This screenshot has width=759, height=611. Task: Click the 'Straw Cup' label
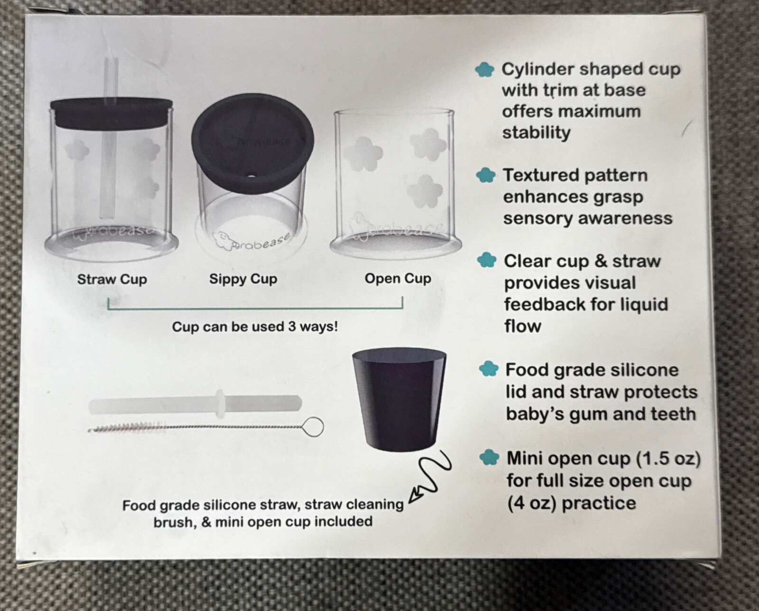112,279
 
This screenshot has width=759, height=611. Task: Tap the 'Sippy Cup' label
243,279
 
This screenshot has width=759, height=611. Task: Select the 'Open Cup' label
398,278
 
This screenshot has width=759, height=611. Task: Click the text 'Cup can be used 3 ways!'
255,327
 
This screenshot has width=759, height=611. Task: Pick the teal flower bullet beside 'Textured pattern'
485,176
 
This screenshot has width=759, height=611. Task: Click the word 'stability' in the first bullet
536,133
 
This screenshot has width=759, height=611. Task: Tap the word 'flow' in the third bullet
522,326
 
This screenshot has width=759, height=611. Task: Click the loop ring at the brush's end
313,426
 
